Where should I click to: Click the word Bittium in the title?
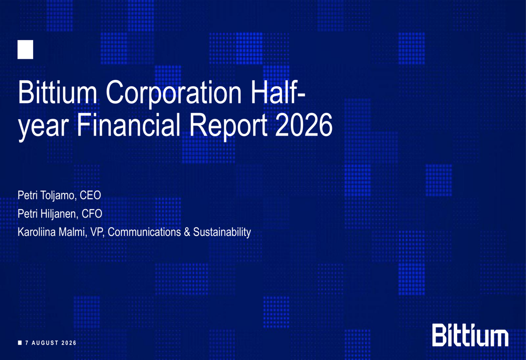[x=58, y=92]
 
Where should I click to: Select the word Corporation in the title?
[x=174, y=93]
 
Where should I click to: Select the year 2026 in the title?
[x=304, y=125]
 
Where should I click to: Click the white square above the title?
[x=25, y=49]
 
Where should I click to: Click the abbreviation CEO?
[x=90, y=195]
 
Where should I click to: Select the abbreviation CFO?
[x=92, y=213]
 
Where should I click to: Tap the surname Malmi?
[x=73, y=232]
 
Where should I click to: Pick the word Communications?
[x=144, y=232]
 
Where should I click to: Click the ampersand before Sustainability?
[x=187, y=232]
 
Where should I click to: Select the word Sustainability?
[x=222, y=232]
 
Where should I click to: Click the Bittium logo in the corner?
[x=470, y=335]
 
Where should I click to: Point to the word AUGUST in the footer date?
[x=45, y=343]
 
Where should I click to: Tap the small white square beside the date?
[x=20, y=343]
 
